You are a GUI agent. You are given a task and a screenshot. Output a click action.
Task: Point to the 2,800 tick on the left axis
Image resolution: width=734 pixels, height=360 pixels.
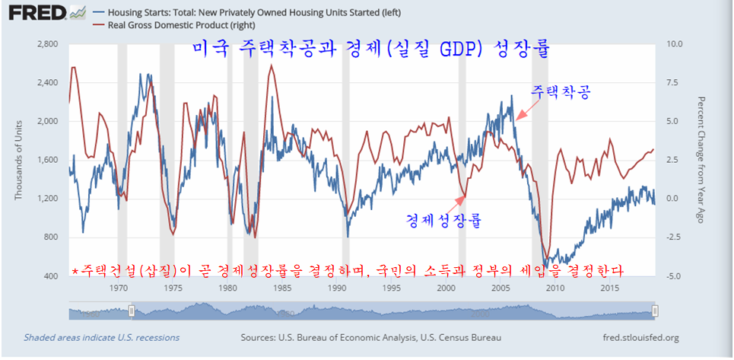point(47,44)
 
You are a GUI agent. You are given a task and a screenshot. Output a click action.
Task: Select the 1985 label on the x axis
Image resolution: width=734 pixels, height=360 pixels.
point(281,288)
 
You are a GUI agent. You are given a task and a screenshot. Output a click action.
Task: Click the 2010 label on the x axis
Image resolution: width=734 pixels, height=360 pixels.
point(554,288)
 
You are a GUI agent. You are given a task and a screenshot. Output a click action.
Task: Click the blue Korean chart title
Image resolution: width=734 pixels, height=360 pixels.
point(371,49)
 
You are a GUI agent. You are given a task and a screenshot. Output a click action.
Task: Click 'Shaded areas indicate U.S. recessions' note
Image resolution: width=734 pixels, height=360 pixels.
point(101,337)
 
